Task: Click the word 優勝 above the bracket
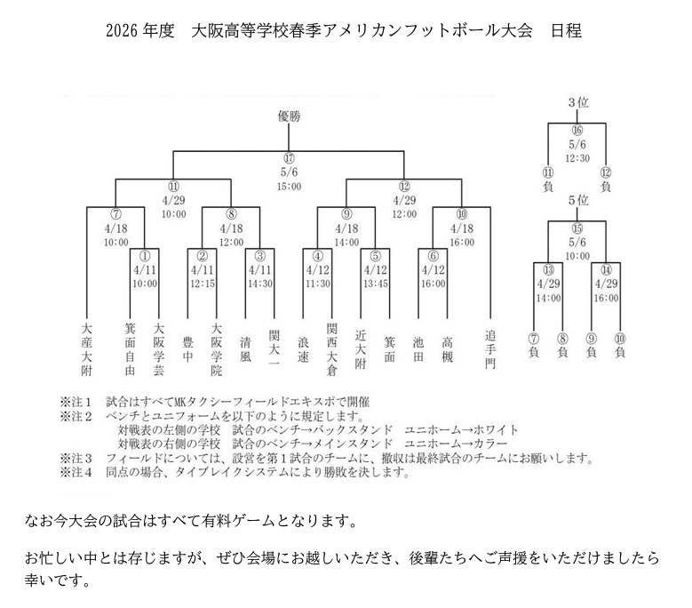[x=289, y=116]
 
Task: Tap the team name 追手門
[x=489, y=351]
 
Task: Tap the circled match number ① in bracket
[x=144, y=255]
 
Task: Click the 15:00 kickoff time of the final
[x=289, y=186]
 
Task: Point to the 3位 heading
[x=577, y=103]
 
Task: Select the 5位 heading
[x=577, y=200]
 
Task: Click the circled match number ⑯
[x=577, y=130]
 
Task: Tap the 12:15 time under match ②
[x=203, y=284]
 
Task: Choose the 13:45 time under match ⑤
[x=375, y=284]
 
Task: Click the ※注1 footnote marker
[x=75, y=403]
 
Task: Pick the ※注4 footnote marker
[x=75, y=473]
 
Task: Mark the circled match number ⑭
[x=607, y=268]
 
